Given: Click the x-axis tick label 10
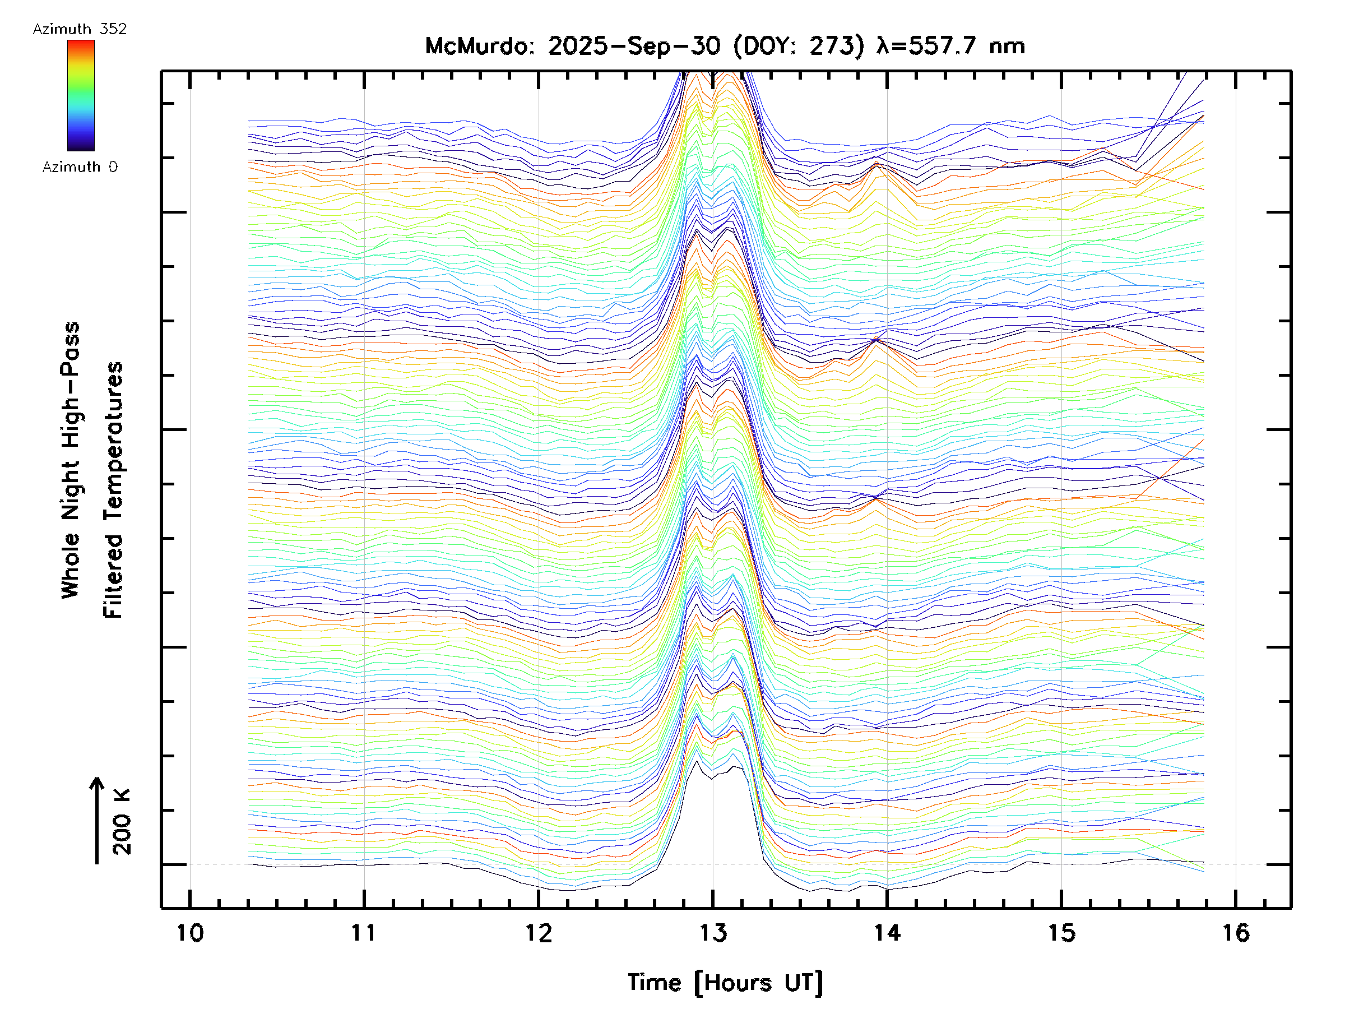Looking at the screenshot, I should click(x=190, y=932).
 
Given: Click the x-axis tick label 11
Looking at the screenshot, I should click(x=364, y=932).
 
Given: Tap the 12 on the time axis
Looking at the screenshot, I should click(x=538, y=932).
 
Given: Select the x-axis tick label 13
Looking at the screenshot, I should click(x=713, y=932).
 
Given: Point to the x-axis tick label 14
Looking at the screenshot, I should click(x=887, y=932).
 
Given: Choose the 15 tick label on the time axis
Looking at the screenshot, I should click(x=1061, y=932).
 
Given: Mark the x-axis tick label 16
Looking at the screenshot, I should click(x=1236, y=932).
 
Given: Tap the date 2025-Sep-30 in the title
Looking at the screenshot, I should click(x=634, y=46).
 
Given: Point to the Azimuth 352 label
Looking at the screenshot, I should click(x=80, y=29).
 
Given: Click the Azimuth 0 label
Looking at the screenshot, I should click(x=80, y=167).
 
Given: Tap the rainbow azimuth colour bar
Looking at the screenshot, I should click(x=81, y=95).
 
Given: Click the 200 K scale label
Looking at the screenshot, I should click(x=122, y=822).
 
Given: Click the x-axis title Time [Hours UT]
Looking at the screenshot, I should click(x=725, y=983).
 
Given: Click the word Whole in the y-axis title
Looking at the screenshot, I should click(x=71, y=566).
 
